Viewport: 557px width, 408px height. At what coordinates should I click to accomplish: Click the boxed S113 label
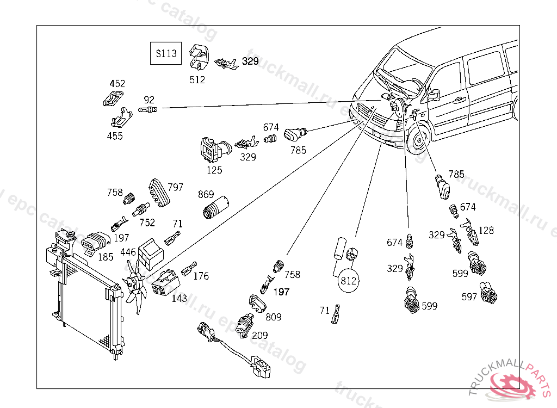point(166,53)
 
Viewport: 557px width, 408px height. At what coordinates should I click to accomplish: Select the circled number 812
point(348,281)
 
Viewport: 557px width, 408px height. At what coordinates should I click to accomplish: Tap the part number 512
point(197,79)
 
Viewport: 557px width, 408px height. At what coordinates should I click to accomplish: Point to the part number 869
point(206,195)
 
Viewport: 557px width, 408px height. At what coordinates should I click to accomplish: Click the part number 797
point(175,187)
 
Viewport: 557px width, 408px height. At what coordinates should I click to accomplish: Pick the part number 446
point(128,252)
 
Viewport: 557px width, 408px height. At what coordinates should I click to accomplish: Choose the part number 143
point(179,298)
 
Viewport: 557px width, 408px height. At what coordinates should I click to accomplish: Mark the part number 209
point(259,335)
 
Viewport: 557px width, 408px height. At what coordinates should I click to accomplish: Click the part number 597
point(469,297)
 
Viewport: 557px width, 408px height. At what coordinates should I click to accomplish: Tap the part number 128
point(486,230)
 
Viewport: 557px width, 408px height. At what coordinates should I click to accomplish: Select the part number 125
point(214,170)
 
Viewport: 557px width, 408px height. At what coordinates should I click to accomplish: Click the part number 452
point(117,84)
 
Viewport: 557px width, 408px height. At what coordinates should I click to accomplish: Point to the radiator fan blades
point(134,284)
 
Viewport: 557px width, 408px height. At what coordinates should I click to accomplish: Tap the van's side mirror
point(434,95)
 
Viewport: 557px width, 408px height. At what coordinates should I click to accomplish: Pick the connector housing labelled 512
point(199,57)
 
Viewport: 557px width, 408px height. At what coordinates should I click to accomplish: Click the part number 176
point(201,276)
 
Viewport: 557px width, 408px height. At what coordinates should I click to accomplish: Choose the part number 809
point(274,317)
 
